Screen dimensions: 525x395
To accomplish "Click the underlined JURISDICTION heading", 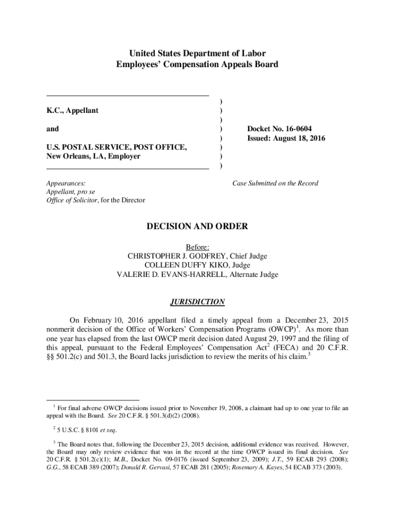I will [x=197, y=301].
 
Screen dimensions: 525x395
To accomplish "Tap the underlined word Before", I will [x=197, y=247].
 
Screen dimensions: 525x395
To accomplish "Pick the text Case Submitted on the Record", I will [x=275, y=183].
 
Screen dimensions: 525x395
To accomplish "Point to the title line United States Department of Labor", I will [x=197, y=53].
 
